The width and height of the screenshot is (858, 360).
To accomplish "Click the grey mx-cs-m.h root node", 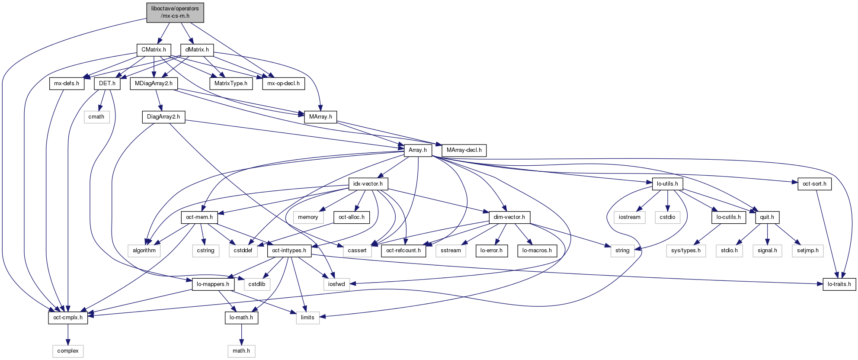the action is [x=175, y=12].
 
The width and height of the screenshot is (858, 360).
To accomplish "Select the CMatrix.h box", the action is [x=154, y=50].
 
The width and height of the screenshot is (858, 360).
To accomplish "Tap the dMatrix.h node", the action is [x=197, y=50].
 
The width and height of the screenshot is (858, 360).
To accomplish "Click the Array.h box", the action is [x=418, y=150].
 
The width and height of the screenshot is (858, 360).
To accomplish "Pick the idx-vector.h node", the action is [x=368, y=184].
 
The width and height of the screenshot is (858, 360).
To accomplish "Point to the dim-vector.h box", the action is [x=509, y=217].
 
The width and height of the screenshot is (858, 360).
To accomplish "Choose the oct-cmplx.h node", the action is [x=68, y=318].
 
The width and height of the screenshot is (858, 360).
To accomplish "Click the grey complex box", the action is [x=68, y=351].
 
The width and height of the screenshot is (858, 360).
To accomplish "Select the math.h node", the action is [x=241, y=351].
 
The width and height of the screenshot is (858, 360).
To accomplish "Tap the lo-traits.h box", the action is [x=839, y=284].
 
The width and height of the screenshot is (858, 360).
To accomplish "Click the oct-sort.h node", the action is [x=814, y=184].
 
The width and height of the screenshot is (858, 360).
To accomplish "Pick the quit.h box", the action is [x=767, y=217].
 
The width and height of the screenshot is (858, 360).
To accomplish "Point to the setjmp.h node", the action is [x=808, y=251].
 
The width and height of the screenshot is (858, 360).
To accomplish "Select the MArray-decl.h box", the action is [x=464, y=150].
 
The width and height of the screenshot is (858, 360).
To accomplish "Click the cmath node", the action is [x=96, y=117].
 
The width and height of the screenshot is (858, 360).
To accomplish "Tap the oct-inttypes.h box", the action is [x=289, y=251].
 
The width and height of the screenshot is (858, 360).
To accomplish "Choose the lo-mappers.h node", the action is [x=213, y=284].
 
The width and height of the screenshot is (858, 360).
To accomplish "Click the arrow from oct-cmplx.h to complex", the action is [x=68, y=334].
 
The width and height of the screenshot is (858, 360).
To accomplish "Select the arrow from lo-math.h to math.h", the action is [x=241, y=334].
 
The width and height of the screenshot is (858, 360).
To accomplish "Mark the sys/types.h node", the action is [x=686, y=251].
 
